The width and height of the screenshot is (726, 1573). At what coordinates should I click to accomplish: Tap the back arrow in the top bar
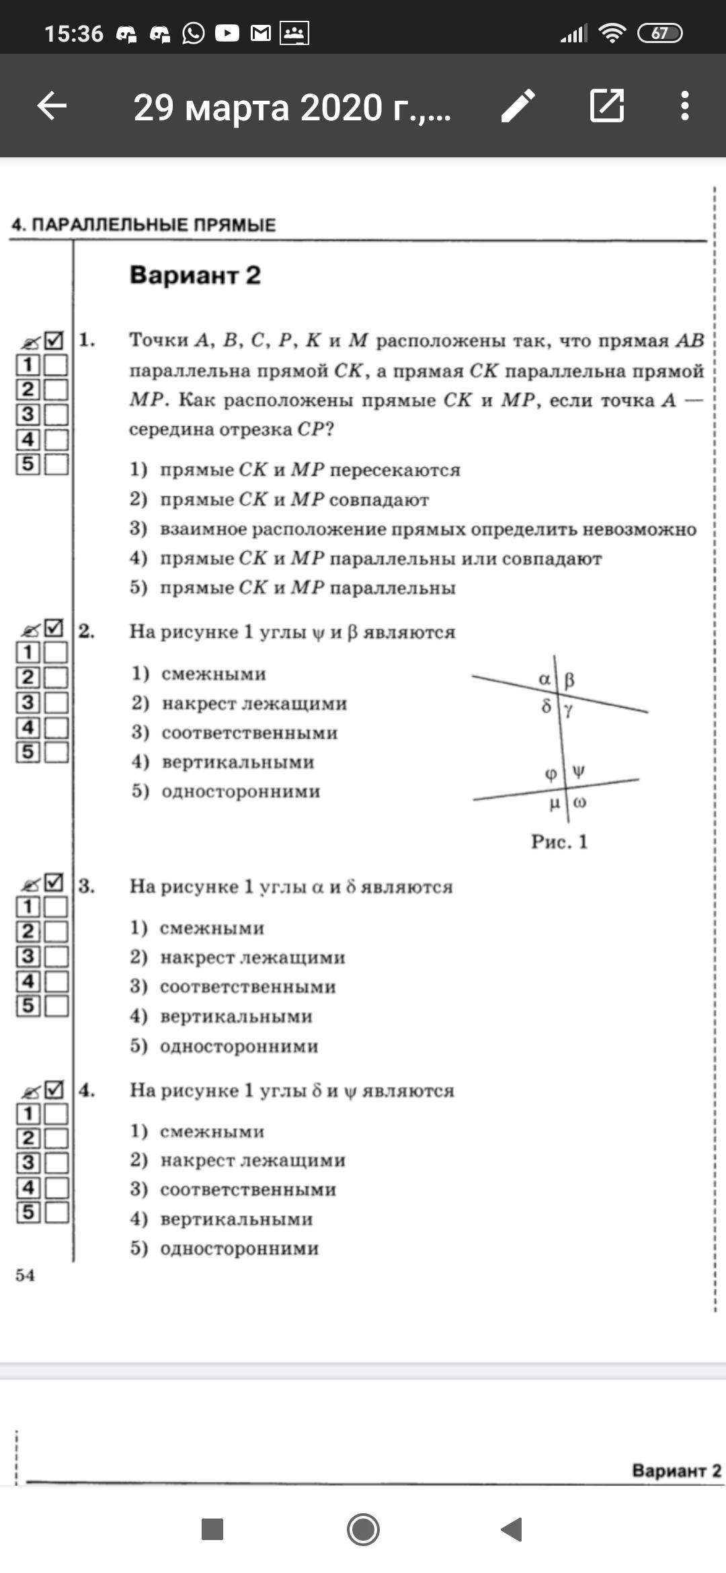[52, 106]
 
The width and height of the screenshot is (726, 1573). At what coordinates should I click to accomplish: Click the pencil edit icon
[518, 106]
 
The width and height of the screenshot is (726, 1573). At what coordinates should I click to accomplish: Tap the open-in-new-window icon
[607, 106]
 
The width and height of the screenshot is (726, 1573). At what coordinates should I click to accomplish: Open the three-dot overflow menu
[684, 106]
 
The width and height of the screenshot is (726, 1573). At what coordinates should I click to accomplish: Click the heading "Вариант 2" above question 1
[195, 276]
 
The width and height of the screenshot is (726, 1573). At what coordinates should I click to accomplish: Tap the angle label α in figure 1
[544, 679]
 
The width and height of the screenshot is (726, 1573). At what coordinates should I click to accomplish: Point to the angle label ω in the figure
[580, 803]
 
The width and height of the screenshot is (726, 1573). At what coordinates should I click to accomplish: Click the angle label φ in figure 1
[551, 774]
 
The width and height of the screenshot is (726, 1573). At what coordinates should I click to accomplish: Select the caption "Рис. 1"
[559, 842]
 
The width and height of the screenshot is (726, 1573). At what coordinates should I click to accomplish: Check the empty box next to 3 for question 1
[56, 415]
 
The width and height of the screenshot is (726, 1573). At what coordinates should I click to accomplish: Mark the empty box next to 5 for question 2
[56, 752]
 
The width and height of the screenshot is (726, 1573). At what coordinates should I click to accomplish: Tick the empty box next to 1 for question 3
[56, 907]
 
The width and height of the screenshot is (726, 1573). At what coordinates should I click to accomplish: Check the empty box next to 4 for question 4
[56, 1187]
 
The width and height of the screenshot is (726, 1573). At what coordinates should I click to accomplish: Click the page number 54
[26, 1275]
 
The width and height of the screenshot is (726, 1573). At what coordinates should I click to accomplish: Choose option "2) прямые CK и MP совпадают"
[279, 499]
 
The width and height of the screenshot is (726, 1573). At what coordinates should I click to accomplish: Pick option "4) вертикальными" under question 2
[223, 762]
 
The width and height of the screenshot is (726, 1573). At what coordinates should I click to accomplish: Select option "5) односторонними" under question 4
[225, 1248]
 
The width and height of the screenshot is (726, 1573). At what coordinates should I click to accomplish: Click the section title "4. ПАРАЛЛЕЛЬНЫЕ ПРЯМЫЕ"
[144, 225]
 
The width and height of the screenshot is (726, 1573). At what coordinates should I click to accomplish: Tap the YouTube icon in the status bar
[227, 33]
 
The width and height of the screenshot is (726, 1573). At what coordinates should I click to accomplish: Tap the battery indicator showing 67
[659, 33]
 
